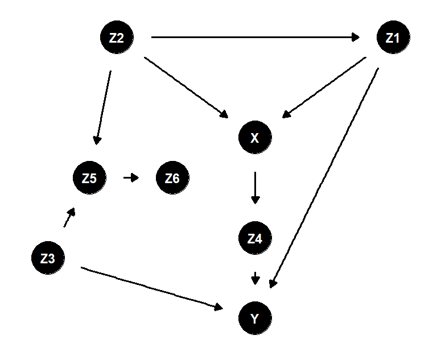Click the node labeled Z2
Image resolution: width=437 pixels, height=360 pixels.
(x=117, y=39)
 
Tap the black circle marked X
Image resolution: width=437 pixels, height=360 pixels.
(x=255, y=136)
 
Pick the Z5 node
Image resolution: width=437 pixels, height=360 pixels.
(x=89, y=178)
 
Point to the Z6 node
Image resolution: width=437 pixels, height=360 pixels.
(x=172, y=178)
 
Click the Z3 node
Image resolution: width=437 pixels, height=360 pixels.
(x=48, y=259)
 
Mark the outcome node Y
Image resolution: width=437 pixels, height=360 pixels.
(x=255, y=318)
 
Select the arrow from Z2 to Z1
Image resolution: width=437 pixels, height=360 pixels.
(x=255, y=38)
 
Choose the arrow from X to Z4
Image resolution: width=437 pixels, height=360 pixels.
(x=255, y=187)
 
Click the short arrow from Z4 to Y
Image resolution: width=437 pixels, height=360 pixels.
(x=255, y=278)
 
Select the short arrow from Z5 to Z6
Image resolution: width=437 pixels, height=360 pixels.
(x=131, y=178)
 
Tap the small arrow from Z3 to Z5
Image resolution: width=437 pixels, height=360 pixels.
(x=69, y=217)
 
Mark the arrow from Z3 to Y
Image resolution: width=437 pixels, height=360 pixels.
(x=151, y=288)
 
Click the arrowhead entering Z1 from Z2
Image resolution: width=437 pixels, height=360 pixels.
(x=356, y=38)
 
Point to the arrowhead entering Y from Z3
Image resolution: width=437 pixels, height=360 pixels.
(x=219, y=308)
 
